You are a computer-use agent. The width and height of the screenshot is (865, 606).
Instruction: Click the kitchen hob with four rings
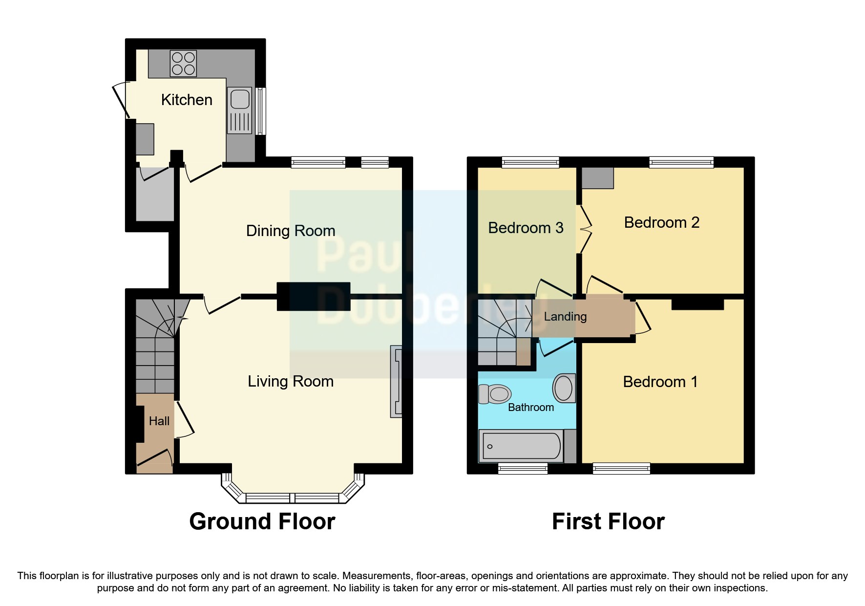pyautogui.click(x=183, y=64)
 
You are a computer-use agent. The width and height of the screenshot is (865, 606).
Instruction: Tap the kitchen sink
pyautogui.click(x=239, y=110)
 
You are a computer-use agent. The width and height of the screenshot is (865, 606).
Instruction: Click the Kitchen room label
pyautogui.click(x=187, y=100)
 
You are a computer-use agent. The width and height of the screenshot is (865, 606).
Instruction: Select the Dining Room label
pyautogui.click(x=291, y=231)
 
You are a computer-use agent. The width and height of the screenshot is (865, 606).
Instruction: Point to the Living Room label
pyautogui.click(x=291, y=381)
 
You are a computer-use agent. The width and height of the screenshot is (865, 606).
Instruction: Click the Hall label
pyautogui.click(x=159, y=421)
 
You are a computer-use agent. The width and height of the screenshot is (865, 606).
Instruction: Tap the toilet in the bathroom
pyautogui.click(x=495, y=394)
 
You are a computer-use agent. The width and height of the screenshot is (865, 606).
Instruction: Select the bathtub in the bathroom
pyautogui.click(x=521, y=446)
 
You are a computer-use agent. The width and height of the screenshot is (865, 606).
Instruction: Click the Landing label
pyautogui.click(x=565, y=317)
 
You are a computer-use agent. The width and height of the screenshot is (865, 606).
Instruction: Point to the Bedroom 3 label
pyautogui.click(x=526, y=228)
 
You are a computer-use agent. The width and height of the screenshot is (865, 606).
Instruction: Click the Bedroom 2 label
pyautogui.click(x=661, y=223)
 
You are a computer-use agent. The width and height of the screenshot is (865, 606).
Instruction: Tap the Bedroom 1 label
pyautogui.click(x=660, y=382)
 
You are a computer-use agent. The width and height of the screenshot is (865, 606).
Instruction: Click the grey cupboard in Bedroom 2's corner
pyautogui.click(x=597, y=178)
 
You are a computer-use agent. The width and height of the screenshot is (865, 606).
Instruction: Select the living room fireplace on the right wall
pyautogui.click(x=396, y=382)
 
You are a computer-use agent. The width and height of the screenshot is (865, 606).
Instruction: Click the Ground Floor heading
pyautogui.click(x=262, y=521)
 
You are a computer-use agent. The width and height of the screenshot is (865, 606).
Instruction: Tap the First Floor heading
pyautogui.click(x=608, y=521)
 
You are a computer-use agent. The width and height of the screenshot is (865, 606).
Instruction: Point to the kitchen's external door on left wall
pyautogui.click(x=120, y=100)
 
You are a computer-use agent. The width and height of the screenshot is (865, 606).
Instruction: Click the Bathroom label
pyautogui.click(x=531, y=408)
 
